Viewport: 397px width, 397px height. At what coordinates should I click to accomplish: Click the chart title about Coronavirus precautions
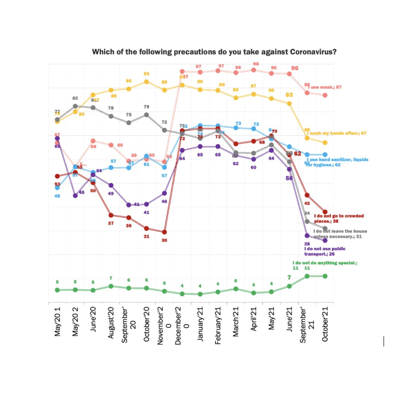(214, 52)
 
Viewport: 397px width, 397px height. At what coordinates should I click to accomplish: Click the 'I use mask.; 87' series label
(325, 87)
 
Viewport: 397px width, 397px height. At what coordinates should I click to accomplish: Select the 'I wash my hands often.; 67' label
(337, 133)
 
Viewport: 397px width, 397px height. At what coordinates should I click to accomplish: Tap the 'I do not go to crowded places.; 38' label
(339, 218)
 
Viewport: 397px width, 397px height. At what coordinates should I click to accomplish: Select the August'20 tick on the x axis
(111, 322)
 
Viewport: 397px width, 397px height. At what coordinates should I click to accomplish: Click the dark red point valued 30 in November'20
(164, 232)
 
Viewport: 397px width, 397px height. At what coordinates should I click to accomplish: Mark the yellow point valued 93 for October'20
(147, 81)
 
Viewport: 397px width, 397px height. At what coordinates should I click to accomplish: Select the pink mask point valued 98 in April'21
(254, 70)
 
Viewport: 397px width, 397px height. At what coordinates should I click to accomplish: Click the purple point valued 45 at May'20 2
(75, 195)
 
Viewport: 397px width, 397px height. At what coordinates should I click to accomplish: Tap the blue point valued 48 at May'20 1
(57, 188)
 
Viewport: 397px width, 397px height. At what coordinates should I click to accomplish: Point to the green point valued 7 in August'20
(111, 286)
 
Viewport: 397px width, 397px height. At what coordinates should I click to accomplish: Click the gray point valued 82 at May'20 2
(75, 106)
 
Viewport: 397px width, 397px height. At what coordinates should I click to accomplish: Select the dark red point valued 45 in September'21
(307, 195)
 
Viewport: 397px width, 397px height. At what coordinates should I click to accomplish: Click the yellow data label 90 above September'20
(129, 81)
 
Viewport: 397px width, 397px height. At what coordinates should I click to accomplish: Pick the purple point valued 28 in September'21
(307, 235)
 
